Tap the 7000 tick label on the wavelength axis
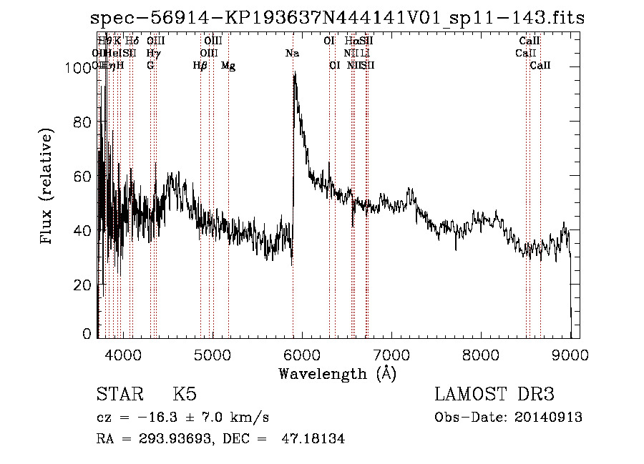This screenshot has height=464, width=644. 391,353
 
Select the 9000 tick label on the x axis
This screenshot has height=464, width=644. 570,353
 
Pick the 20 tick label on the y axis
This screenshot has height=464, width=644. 84,285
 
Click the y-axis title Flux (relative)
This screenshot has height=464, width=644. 48,187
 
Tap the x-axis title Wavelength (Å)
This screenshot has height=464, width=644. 337,373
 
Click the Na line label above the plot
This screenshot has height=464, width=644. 292,54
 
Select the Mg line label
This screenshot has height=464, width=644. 228,66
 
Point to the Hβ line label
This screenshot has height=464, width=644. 200,66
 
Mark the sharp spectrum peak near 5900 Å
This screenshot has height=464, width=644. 294,74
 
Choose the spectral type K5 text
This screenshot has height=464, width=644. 185,395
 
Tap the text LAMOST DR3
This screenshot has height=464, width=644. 494,395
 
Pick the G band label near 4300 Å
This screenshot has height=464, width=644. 150,66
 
